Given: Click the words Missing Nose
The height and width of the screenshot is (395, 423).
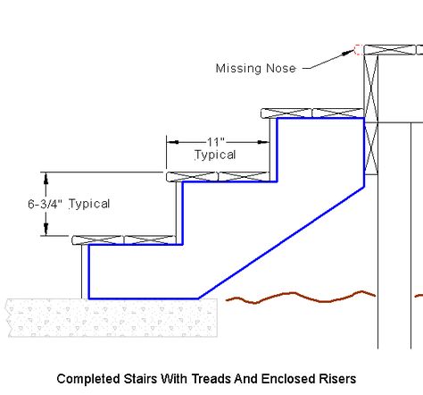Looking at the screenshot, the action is click(255, 69).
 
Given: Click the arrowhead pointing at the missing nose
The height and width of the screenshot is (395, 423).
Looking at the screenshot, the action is click(348, 53).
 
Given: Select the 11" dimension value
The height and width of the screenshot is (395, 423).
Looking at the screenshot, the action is click(216, 142).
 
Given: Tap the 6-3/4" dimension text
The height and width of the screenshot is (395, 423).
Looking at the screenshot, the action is click(46, 204).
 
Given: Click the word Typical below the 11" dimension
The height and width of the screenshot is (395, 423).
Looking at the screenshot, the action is click(215, 155).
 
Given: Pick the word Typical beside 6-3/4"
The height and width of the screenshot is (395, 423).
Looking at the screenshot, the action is click(89, 204).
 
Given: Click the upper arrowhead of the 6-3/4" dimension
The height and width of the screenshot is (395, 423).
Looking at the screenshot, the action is click(46, 179).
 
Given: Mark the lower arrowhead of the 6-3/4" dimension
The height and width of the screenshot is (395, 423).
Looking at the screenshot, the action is click(46, 229).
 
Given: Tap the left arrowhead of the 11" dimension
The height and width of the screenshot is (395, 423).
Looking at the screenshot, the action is click(172, 142).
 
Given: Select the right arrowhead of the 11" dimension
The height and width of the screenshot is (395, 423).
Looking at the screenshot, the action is click(263, 142).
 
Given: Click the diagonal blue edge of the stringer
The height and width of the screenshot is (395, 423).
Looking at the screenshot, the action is click(281, 242).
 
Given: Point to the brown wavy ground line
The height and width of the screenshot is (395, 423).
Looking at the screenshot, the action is click(301, 297).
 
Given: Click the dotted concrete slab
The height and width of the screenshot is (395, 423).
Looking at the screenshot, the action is click(112, 318).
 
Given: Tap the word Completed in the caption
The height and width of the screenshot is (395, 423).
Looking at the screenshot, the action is click(88, 379).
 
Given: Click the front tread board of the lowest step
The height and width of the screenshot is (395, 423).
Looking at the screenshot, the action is click(97, 240).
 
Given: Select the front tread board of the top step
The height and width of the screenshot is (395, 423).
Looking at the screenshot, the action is click(286, 113).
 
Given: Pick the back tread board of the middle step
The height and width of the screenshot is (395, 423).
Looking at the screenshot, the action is click(244, 176).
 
